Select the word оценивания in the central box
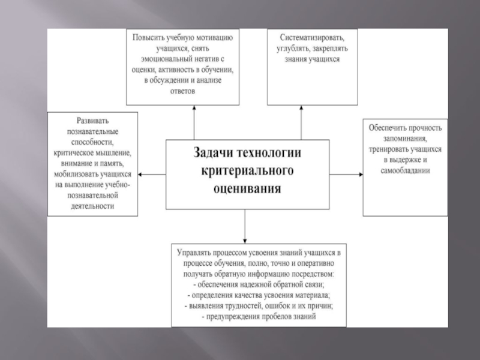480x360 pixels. coord(247,190)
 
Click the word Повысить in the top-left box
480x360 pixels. coord(150,37)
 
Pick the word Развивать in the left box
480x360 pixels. coord(92,119)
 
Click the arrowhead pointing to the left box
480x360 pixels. coord(141,175)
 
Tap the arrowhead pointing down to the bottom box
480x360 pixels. coord(245,238)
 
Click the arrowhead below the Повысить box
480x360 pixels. coord(194,108)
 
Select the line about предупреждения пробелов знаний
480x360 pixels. coord(259,316)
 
